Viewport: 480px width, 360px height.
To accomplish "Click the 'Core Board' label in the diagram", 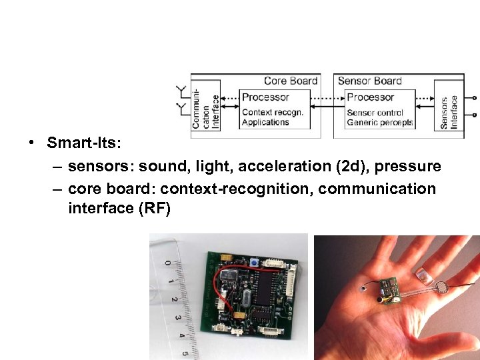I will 290,81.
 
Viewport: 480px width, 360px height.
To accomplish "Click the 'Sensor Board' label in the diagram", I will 369,81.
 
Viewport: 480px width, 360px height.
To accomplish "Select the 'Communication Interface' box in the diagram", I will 206,107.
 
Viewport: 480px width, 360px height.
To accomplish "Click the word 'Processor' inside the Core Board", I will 265,97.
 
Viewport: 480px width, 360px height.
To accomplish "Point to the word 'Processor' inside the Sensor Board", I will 370,97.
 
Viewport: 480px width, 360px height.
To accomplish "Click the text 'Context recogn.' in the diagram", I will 272,112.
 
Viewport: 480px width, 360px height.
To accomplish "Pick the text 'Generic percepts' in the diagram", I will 380,123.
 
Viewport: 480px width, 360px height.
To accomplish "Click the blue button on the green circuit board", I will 255,263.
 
